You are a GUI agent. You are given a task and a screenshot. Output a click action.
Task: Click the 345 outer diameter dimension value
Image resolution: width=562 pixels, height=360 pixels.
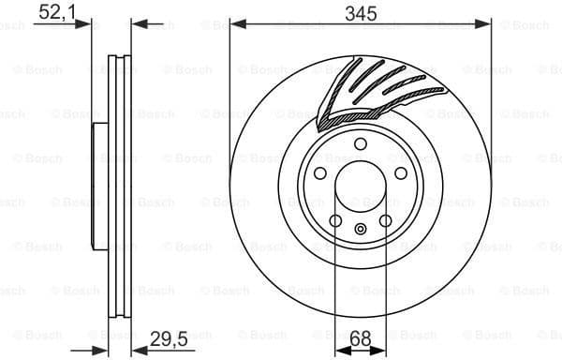361,12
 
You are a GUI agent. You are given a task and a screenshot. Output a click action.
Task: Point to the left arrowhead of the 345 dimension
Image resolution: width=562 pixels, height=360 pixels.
235,25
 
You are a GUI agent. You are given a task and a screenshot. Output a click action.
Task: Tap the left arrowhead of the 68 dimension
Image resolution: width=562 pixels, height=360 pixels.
341,349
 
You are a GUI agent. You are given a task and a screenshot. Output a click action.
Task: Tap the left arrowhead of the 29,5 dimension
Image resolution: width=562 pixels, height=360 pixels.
106,349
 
